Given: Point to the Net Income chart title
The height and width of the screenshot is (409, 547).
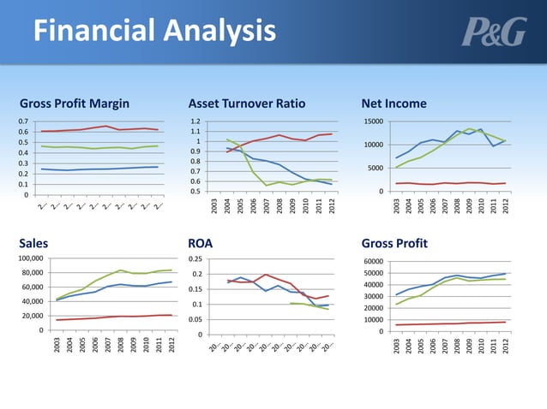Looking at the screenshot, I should [x=394, y=104].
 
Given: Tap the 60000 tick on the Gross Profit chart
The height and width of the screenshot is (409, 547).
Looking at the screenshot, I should [x=371, y=262].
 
